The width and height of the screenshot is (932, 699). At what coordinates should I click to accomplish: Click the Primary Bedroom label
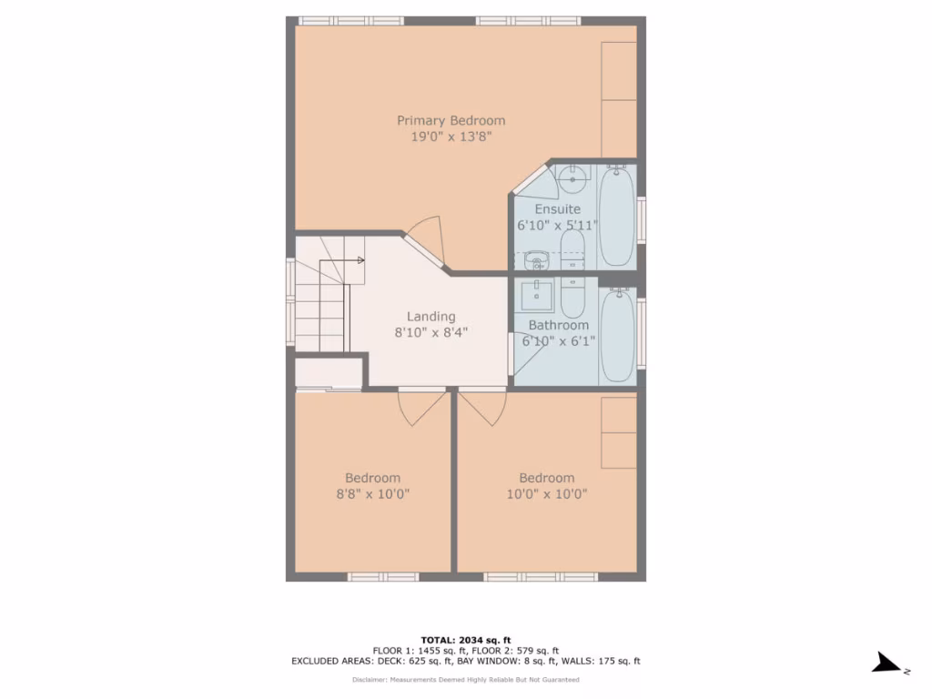(451, 120)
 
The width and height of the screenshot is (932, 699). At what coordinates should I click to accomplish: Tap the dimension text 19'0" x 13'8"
(451, 137)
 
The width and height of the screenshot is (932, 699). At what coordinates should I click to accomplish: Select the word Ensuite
(557, 209)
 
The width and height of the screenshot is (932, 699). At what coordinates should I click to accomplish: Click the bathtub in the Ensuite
(617, 217)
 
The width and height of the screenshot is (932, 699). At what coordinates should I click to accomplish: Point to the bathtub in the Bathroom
(617, 335)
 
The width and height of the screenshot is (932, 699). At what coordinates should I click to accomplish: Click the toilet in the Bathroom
(572, 298)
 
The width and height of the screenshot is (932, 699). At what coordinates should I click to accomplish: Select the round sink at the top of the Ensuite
(572, 180)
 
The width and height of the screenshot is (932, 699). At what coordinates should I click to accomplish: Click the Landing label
(431, 317)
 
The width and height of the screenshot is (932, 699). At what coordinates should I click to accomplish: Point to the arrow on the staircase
(360, 261)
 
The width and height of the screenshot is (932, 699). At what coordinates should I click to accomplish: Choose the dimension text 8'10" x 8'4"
(431, 333)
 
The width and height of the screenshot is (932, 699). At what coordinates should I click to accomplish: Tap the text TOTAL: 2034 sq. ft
(465, 640)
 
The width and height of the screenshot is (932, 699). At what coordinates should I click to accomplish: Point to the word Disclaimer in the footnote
(370, 679)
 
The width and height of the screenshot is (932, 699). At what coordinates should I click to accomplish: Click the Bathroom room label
(558, 325)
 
